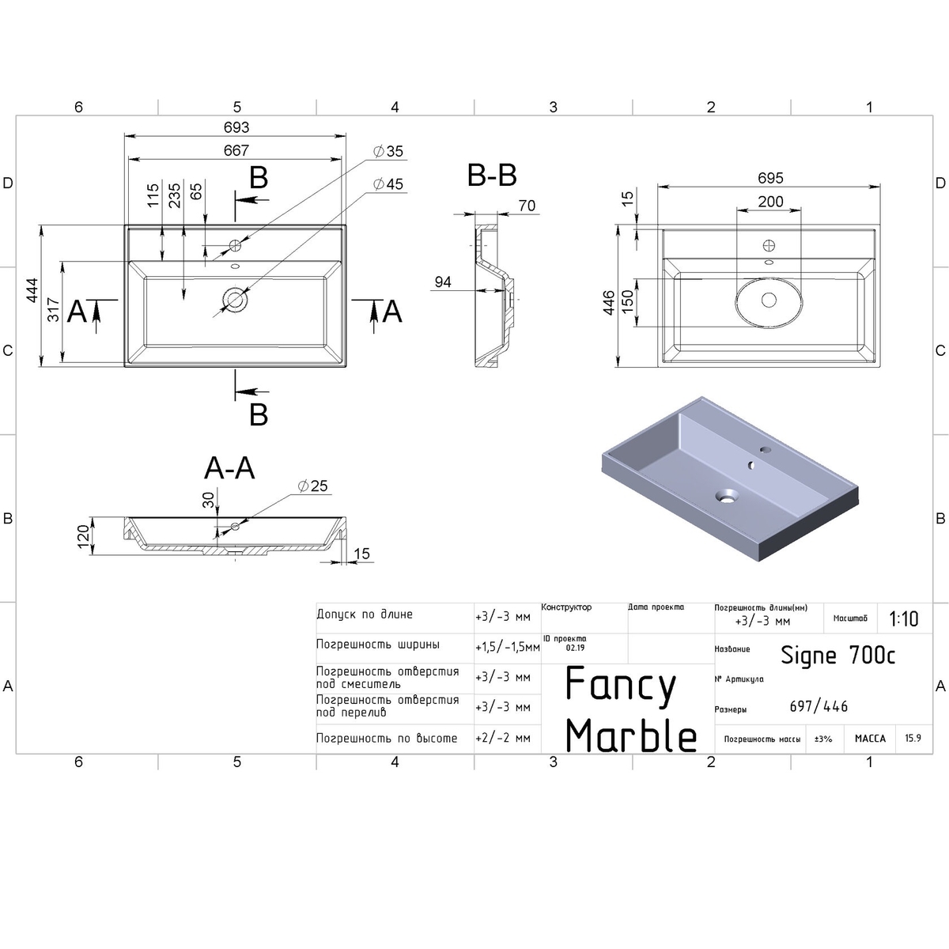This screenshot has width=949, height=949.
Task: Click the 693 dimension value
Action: point(236,127)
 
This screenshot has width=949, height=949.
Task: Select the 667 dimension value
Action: point(236,150)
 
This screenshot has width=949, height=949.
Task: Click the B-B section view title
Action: point(492,176)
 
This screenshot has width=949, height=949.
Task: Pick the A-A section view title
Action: point(229,469)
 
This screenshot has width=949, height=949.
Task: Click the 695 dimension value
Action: point(769,180)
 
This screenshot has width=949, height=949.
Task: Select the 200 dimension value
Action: point(770,202)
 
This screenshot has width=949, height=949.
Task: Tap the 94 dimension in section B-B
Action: point(443,282)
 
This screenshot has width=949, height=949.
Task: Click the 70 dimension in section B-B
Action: point(526,206)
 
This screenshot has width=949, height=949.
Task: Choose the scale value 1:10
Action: point(903,618)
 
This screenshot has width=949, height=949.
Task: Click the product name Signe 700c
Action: point(838,655)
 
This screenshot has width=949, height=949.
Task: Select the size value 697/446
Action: point(819,706)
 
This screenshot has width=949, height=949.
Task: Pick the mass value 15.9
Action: point(913,738)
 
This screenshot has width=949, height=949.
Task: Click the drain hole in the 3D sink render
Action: point(725,497)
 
